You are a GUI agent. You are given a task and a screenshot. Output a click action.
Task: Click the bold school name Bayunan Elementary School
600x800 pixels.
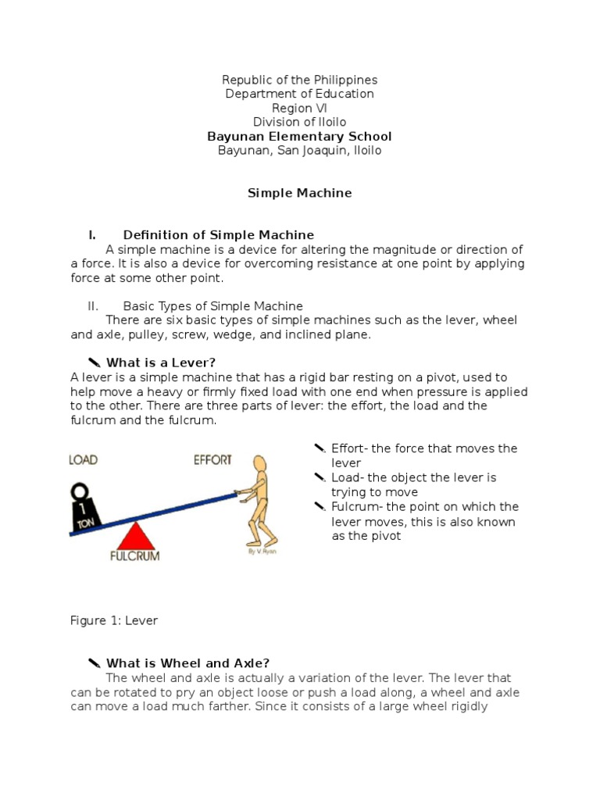pyautogui.click(x=299, y=136)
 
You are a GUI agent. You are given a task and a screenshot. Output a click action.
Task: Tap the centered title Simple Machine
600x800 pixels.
pyautogui.click(x=299, y=193)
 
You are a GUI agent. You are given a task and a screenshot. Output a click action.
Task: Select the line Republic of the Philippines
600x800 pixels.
pyautogui.click(x=299, y=80)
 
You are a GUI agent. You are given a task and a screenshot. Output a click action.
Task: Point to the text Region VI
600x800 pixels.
pyautogui.click(x=299, y=108)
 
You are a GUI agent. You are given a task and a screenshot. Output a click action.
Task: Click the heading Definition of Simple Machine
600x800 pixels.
pyautogui.click(x=218, y=235)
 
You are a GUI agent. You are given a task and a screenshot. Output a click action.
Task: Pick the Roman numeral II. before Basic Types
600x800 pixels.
pyautogui.click(x=93, y=306)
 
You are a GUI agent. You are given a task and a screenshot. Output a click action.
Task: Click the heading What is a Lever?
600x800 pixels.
pyautogui.click(x=160, y=362)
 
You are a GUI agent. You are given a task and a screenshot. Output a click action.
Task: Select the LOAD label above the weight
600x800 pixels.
pyautogui.click(x=84, y=459)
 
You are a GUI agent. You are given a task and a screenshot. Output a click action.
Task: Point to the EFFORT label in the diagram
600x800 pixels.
pyautogui.click(x=212, y=459)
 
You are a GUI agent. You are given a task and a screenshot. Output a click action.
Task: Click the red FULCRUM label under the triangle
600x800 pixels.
pyautogui.click(x=134, y=557)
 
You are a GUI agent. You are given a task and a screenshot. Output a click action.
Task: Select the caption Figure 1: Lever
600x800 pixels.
pyautogui.click(x=114, y=620)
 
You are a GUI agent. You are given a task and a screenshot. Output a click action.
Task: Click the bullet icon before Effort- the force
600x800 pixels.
pyautogui.click(x=320, y=448)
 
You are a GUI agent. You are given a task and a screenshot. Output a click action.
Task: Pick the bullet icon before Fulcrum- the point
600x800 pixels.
pyautogui.click(x=320, y=506)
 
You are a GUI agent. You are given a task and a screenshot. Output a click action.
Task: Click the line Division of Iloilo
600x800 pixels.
pyautogui.click(x=299, y=122)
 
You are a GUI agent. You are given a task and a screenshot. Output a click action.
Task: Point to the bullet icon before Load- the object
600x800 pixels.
pyautogui.click(x=320, y=477)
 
